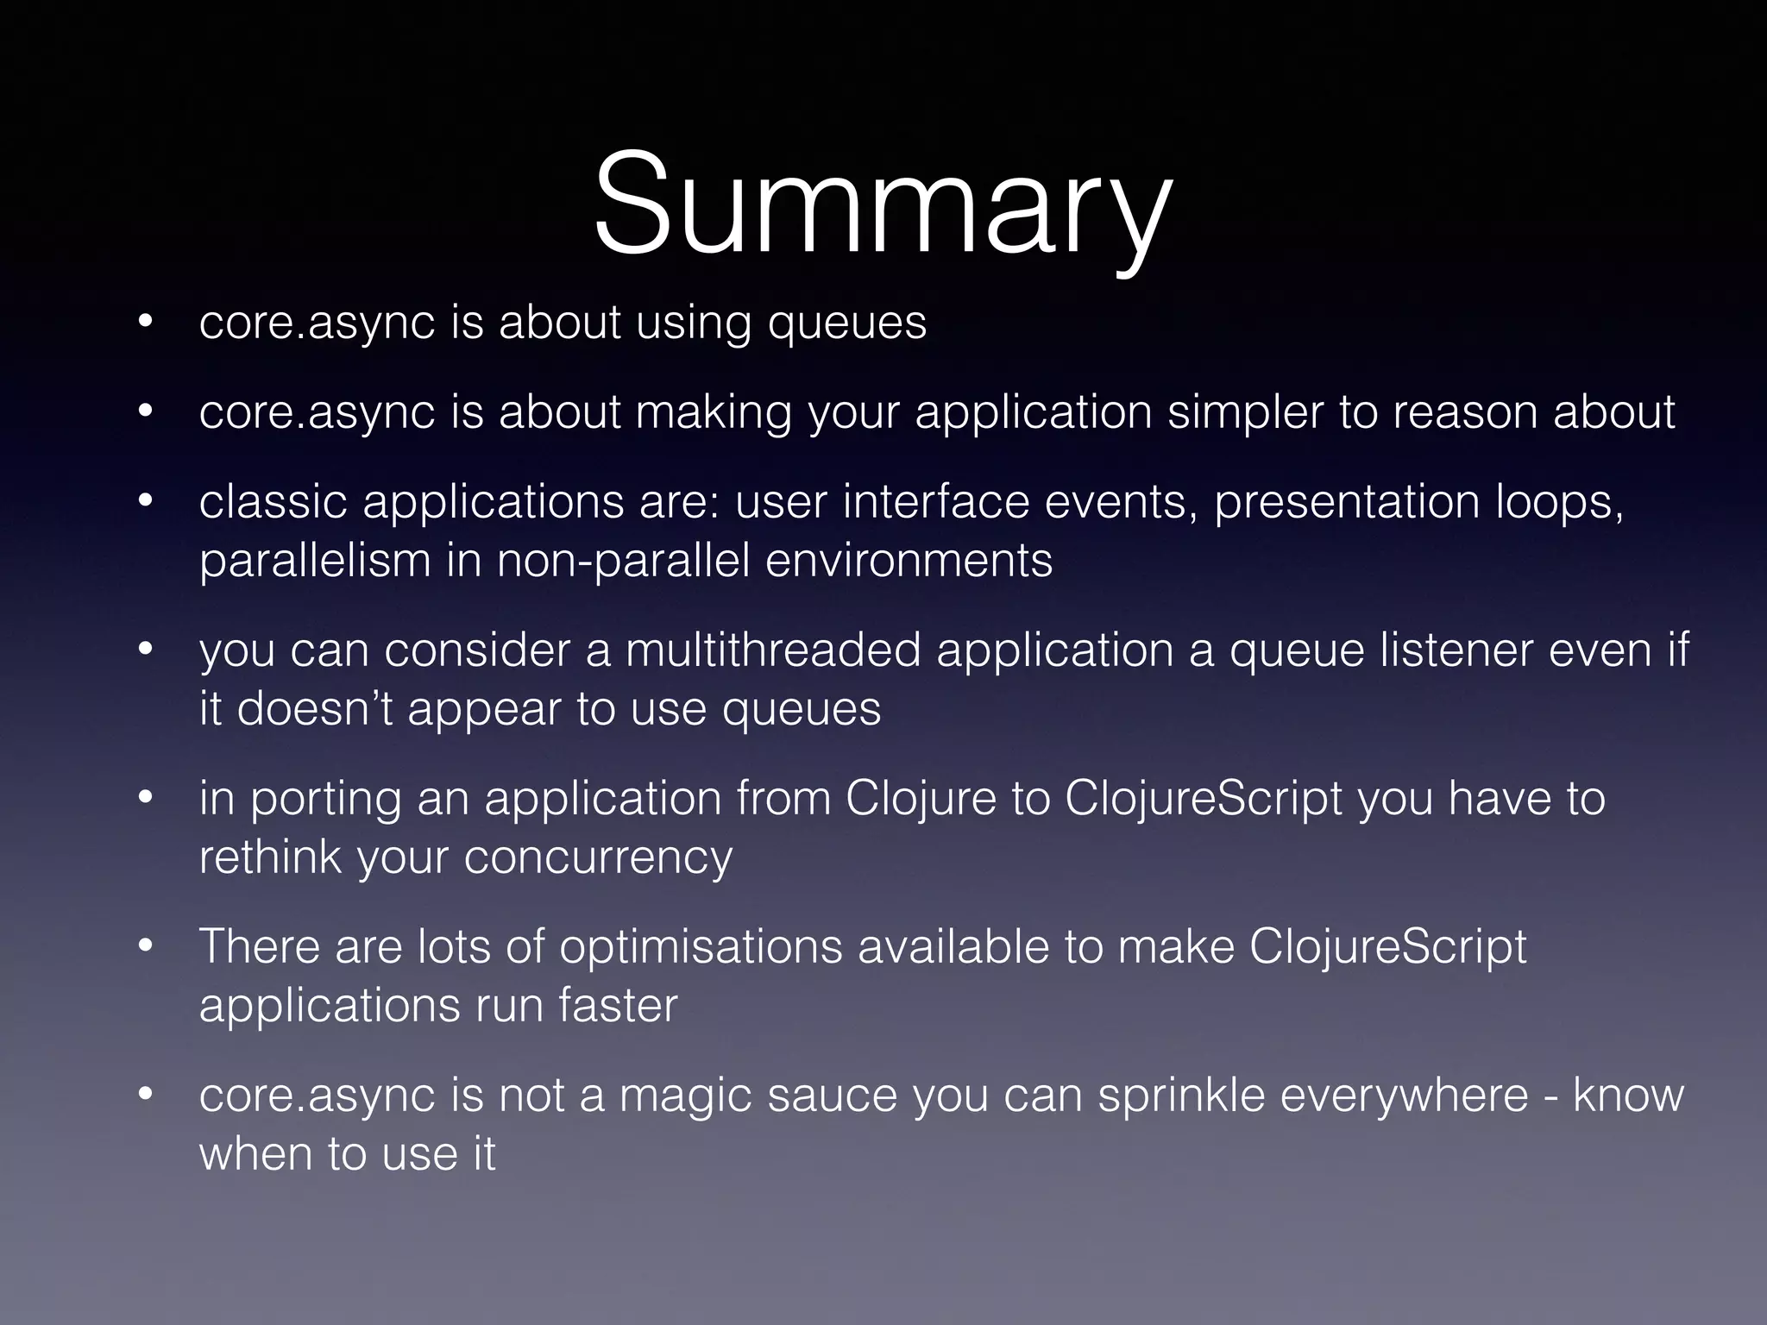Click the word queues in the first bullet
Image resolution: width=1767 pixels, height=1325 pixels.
(847, 323)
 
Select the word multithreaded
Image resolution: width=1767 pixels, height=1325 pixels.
(773, 650)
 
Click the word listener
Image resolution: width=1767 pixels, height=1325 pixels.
(1456, 650)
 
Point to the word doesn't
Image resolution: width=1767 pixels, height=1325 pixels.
(315, 709)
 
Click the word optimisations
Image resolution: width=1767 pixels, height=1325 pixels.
(701, 947)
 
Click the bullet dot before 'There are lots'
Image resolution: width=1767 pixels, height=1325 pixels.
(145, 947)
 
